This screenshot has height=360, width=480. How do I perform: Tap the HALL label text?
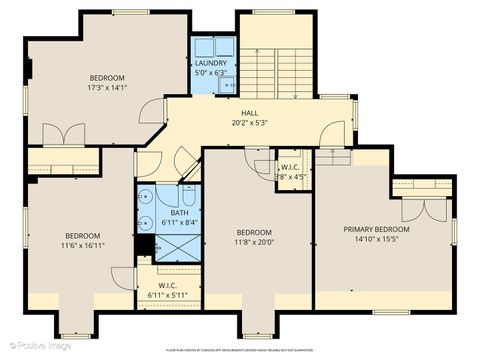250,114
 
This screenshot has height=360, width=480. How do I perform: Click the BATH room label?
179,212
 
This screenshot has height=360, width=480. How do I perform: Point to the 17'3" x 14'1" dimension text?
107,87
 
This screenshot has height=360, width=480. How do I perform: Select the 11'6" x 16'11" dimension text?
82,245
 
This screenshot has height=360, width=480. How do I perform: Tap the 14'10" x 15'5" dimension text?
377,239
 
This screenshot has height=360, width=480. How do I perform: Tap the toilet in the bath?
147,197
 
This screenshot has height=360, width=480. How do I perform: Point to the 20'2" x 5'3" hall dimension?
250,123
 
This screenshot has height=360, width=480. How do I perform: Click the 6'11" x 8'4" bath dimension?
179,222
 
